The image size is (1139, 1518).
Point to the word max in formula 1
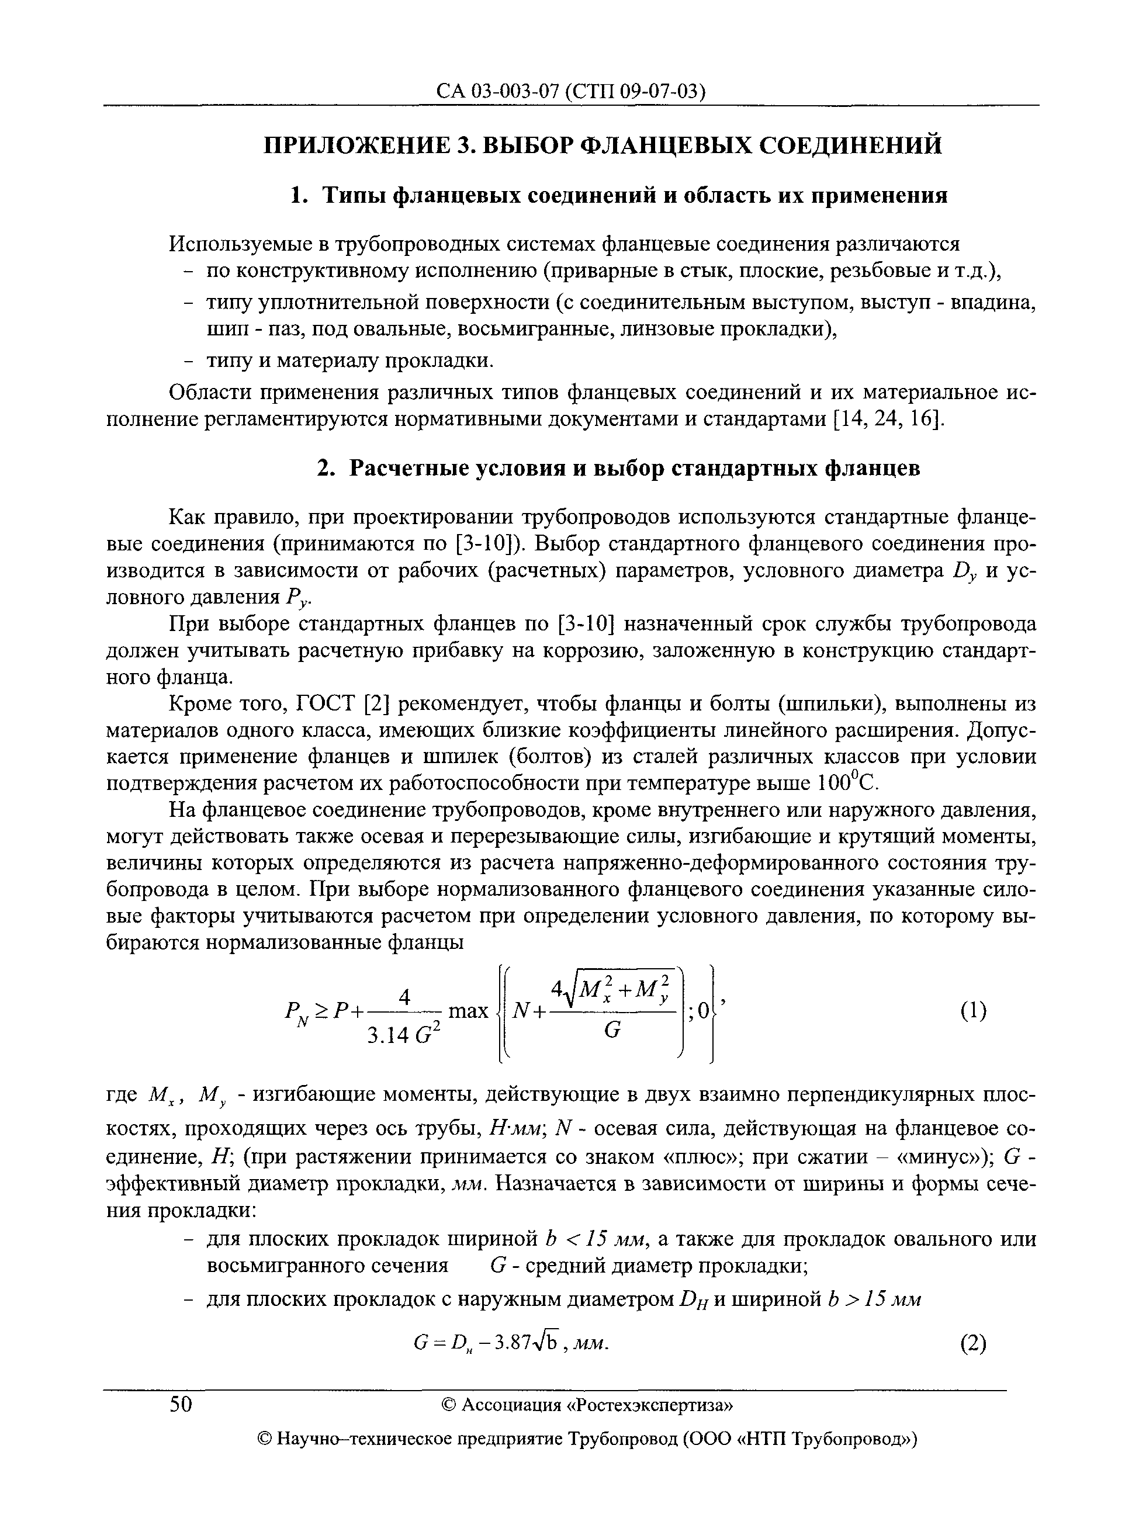tap(468, 1011)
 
